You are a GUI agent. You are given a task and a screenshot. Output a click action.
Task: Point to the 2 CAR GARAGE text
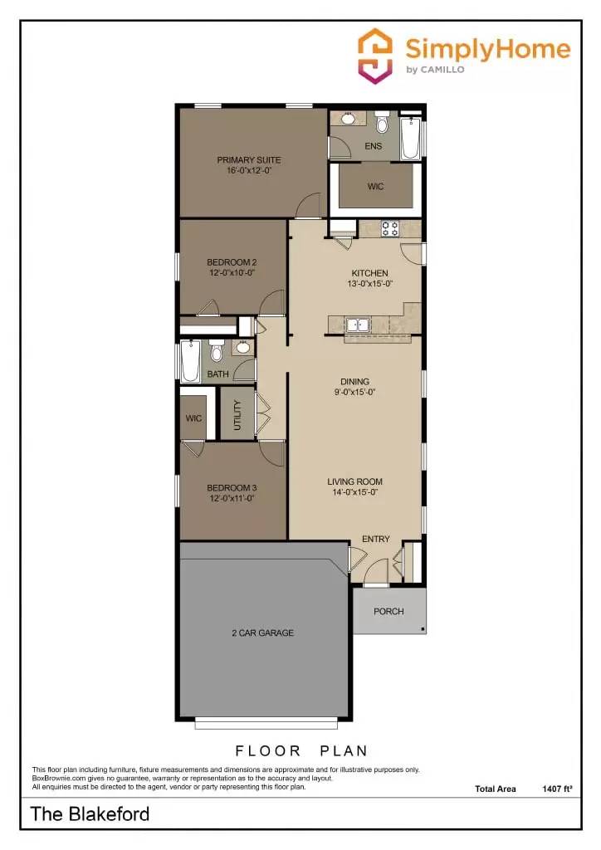(x=262, y=633)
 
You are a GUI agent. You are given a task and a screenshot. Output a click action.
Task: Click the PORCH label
(x=388, y=612)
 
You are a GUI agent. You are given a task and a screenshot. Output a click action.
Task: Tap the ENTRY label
(x=375, y=540)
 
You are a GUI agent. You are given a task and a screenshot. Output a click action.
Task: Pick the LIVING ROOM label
(x=354, y=481)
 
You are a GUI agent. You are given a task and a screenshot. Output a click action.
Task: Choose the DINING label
(x=354, y=382)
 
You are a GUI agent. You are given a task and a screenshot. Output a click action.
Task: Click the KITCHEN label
(x=369, y=273)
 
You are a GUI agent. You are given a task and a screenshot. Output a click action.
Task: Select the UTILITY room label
(x=237, y=413)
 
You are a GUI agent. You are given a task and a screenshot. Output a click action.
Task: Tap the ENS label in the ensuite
(x=373, y=147)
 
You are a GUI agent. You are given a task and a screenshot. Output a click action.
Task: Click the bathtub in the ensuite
(x=410, y=139)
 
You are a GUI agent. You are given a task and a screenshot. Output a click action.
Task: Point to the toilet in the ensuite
(x=382, y=125)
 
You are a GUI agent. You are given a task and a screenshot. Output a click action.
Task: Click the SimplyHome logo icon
(x=374, y=55)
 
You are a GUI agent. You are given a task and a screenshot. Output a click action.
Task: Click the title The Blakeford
(x=90, y=813)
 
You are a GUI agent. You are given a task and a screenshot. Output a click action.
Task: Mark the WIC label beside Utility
(x=194, y=418)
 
